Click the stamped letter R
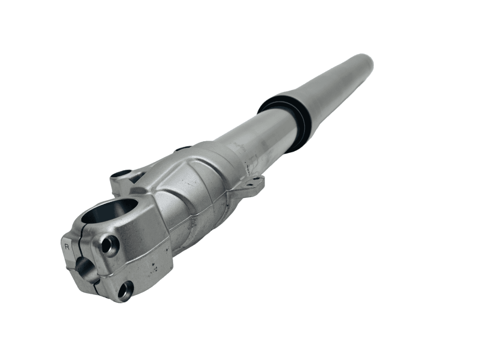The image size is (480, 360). click(x=67, y=247)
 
